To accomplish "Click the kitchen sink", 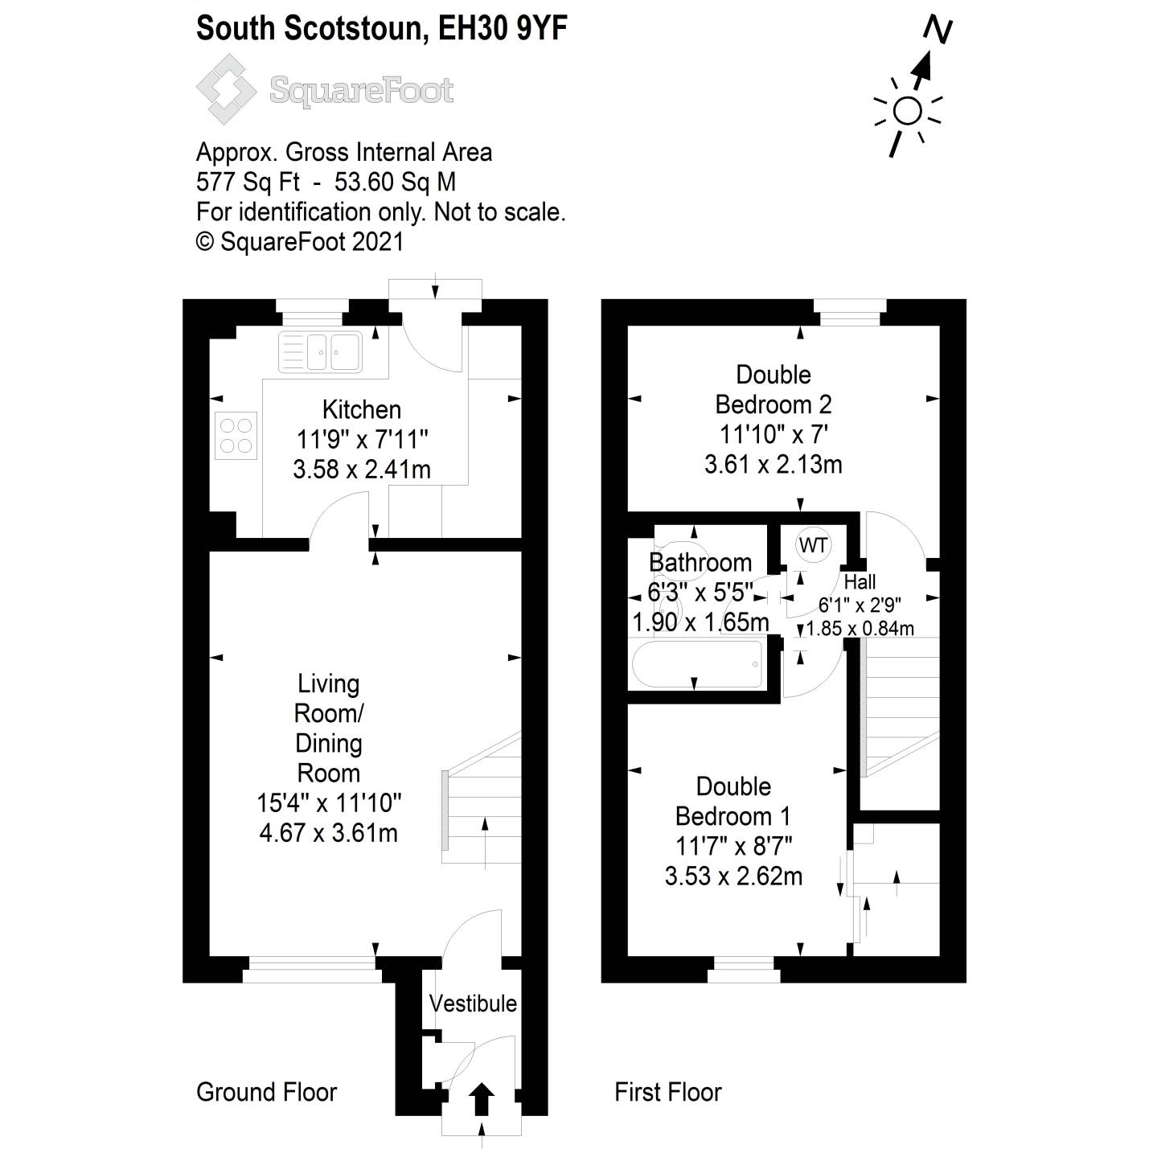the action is click(320, 351).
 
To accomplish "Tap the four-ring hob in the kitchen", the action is click(236, 435).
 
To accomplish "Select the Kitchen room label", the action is click(361, 409).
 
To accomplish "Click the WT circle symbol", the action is click(813, 546).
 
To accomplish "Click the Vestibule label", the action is click(473, 1003).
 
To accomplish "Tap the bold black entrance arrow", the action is click(481, 1098).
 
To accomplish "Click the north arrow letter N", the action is click(938, 30).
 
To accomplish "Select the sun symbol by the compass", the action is click(908, 112).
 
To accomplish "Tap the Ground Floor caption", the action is click(266, 1092).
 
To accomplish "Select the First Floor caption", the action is click(667, 1092).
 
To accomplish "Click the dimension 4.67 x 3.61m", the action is click(328, 833).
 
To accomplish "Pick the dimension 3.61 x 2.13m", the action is click(773, 465).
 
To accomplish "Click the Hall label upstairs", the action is click(860, 581).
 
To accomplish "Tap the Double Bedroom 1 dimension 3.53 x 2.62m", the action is click(733, 876).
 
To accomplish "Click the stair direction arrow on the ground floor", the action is click(484, 841).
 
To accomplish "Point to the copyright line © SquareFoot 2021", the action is click(300, 241).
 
